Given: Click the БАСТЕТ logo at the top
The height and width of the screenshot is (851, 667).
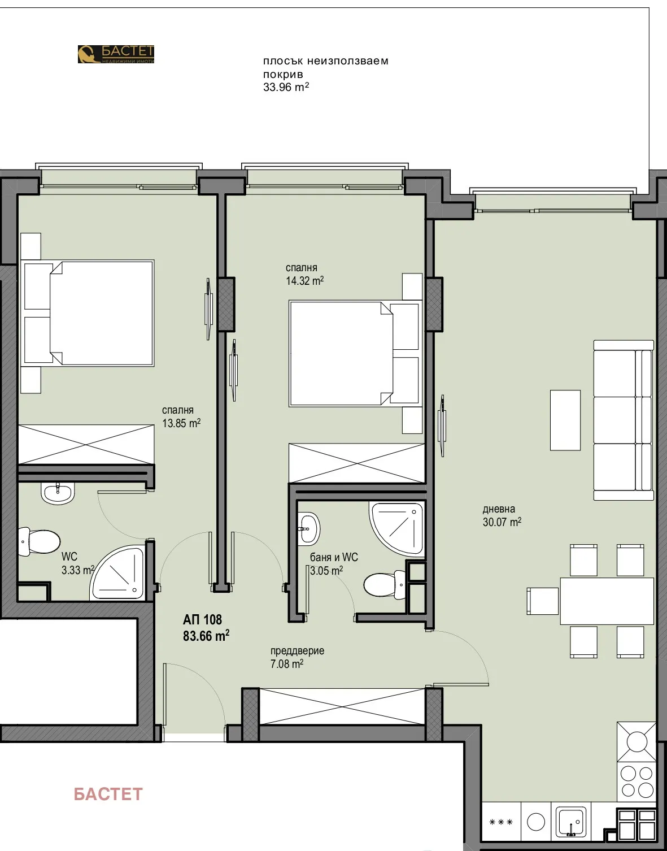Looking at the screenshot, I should pyautogui.click(x=116, y=54).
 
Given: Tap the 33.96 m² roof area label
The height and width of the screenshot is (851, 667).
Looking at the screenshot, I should pyautogui.click(x=286, y=87).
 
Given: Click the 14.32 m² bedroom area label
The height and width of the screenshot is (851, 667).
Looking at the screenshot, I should pyautogui.click(x=304, y=281).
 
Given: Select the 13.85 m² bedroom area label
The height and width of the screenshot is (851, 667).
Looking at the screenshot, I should pyautogui.click(x=181, y=423).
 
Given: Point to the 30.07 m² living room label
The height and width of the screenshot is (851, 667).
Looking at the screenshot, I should pyautogui.click(x=502, y=522).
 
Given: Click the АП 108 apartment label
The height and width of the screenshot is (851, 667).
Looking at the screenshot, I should pyautogui.click(x=202, y=620).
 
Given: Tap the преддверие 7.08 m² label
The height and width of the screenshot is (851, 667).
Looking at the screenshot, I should pyautogui.click(x=297, y=657).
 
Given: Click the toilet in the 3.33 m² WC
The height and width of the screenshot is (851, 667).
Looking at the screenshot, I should pyautogui.click(x=40, y=541).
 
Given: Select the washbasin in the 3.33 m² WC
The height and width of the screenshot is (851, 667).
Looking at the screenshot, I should pyautogui.click(x=58, y=493).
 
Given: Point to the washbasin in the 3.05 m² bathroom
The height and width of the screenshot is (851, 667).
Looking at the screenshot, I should pyautogui.click(x=308, y=528).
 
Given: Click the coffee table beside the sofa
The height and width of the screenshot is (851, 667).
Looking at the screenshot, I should pyautogui.click(x=565, y=420).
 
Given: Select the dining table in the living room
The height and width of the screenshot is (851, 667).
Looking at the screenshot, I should pyautogui.click(x=607, y=601).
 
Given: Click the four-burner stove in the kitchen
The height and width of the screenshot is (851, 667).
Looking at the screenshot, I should pyautogui.click(x=637, y=781).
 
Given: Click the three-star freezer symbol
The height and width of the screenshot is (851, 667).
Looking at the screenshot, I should pyautogui.click(x=500, y=822).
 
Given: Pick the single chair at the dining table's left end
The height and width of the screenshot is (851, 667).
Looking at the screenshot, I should pyautogui.click(x=543, y=601).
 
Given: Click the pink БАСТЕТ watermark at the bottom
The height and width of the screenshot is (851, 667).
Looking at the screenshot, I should pyautogui.click(x=108, y=794).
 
